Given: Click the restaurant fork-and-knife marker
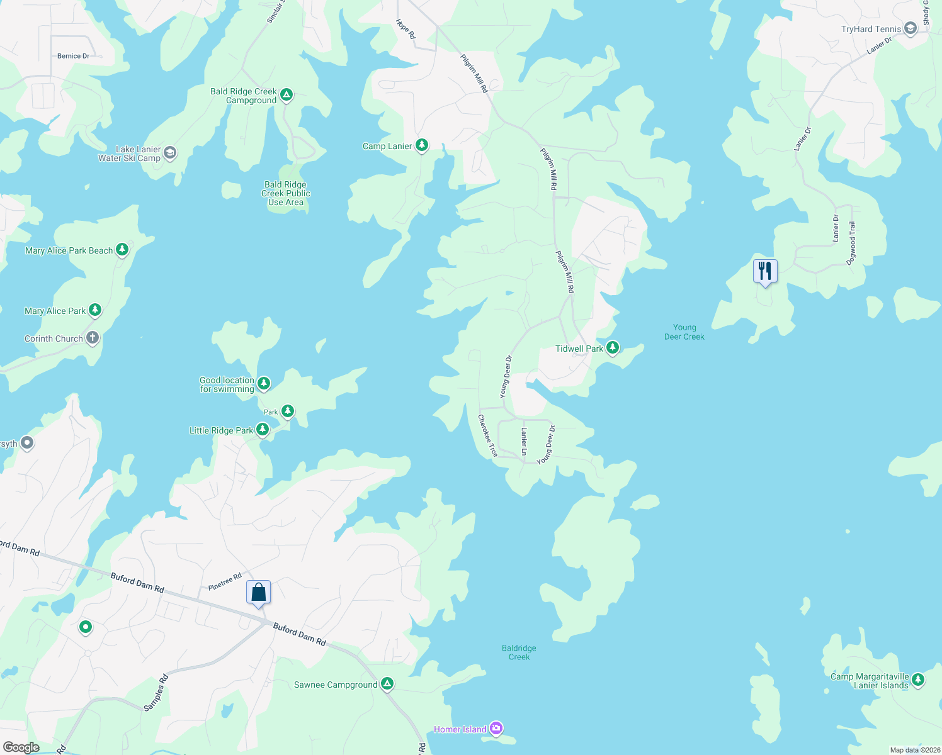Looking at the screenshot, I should pos(765,271).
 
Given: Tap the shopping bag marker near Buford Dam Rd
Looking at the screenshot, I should pos(258,592).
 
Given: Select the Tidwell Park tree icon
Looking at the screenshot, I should pos(613,348).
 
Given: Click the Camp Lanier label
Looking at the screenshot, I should pos(387,146).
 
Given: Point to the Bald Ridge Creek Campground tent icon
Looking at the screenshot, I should pos(287,95).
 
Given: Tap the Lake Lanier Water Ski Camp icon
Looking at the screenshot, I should pos(170,153).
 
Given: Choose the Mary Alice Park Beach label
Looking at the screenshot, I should pos(69,250).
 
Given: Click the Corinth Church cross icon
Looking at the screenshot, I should pos(93,338).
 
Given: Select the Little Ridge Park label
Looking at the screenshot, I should pos(221,430).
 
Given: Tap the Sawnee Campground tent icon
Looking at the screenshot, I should pos(387,684).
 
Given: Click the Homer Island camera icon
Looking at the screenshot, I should pos(496,729).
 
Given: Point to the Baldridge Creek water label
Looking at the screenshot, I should pos(519,652).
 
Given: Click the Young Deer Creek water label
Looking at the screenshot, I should pos(684,332).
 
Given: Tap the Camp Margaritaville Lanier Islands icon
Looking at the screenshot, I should pos(918,679).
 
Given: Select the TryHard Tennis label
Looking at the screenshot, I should pos(871,29).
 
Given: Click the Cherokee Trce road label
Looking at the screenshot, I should pos(487,435).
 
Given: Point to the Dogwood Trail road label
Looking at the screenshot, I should pos(851,243).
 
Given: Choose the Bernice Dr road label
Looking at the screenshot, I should pos(73,56).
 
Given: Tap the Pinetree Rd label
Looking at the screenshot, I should pos(225,581).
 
